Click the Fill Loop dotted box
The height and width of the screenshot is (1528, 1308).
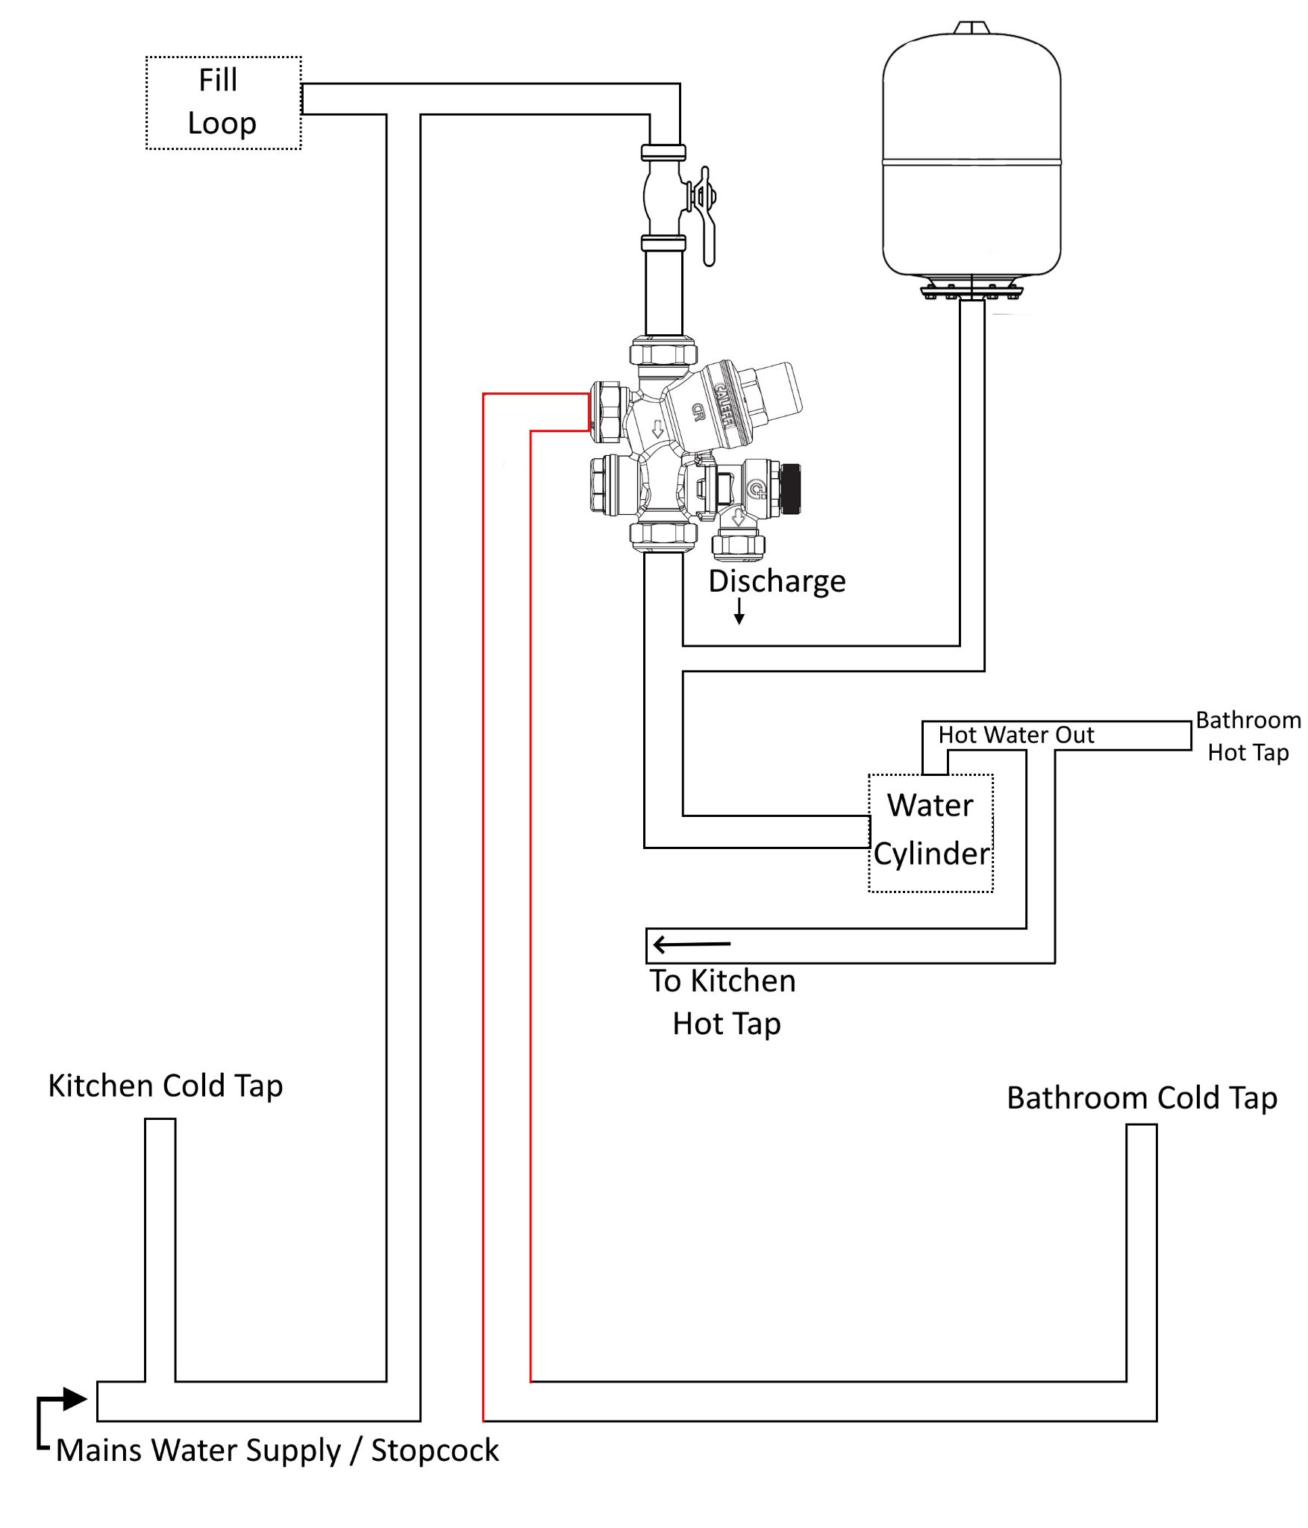pos(223,103)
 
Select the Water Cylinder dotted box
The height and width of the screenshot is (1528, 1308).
pos(930,833)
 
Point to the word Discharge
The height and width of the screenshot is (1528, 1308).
pos(777,581)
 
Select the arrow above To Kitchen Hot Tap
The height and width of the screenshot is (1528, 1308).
pos(691,945)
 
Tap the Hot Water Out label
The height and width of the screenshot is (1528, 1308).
pos(1016,735)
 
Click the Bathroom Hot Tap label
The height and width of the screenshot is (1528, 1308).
pos(1248,736)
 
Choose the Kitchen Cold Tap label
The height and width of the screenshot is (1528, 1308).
pos(166,1086)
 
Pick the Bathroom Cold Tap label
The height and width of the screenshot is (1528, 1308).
pos(1142,1098)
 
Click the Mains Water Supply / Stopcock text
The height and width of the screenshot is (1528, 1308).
pos(277,1450)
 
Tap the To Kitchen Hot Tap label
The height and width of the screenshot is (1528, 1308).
pos(723,1002)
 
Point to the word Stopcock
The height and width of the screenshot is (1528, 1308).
pos(435,1450)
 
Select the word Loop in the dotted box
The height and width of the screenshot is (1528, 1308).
pos(222,123)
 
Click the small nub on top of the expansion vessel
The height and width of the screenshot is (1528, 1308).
pos(971,28)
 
